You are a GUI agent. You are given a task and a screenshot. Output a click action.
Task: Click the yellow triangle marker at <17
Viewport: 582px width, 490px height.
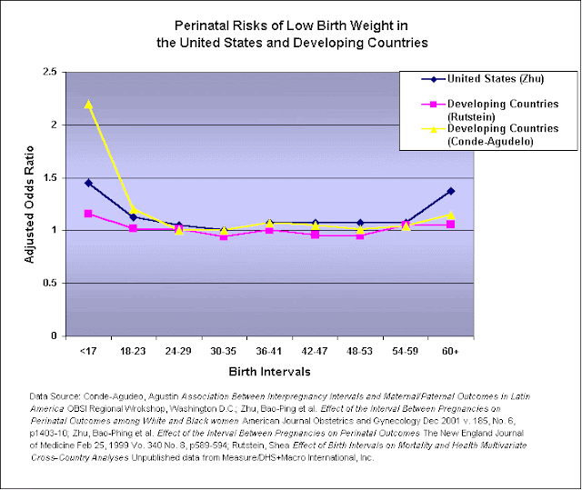point(88,104)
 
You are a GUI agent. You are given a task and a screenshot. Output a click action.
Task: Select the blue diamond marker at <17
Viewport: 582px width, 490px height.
point(88,183)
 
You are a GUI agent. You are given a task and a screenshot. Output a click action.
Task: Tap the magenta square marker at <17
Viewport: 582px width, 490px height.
point(88,214)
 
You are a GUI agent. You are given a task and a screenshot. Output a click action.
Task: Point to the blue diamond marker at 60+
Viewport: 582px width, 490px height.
point(450,191)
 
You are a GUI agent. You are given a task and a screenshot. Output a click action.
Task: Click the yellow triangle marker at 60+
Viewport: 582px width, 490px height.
point(450,215)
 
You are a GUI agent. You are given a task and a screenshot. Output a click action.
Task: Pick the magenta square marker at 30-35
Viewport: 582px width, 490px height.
point(224,236)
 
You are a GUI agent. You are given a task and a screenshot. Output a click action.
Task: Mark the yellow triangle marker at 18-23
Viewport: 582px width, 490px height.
point(134,209)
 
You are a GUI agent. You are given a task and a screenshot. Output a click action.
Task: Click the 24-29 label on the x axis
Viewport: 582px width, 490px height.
point(178,348)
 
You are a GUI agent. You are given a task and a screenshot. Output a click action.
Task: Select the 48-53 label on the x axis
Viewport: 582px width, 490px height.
point(359,348)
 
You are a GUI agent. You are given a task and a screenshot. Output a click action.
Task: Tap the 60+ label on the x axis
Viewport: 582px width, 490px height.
point(450,348)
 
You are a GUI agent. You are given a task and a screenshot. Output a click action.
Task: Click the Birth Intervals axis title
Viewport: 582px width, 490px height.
point(269,371)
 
